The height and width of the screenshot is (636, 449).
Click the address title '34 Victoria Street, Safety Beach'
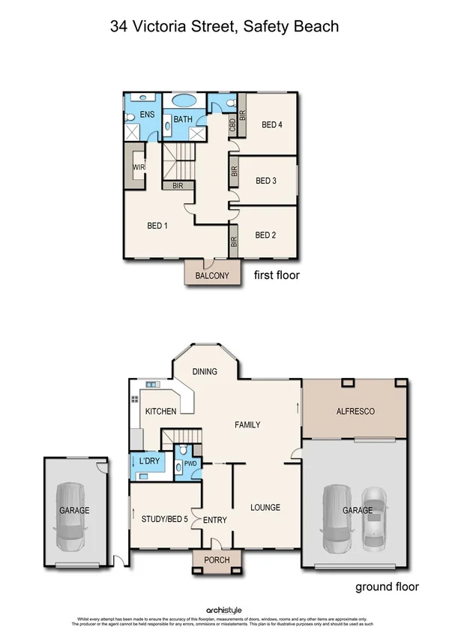[x=224, y=27]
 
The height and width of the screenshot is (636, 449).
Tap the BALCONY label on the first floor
[x=212, y=276]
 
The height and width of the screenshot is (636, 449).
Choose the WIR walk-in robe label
[x=139, y=167]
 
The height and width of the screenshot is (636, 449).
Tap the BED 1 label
[x=157, y=226]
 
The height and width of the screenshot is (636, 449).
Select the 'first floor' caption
[x=276, y=275]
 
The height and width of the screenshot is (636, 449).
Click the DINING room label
[x=205, y=371]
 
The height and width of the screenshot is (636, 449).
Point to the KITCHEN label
[x=160, y=411]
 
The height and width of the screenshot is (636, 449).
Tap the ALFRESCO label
[x=355, y=412]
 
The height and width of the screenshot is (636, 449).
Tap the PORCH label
[x=212, y=560]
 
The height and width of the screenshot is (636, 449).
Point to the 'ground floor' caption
[x=387, y=586]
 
